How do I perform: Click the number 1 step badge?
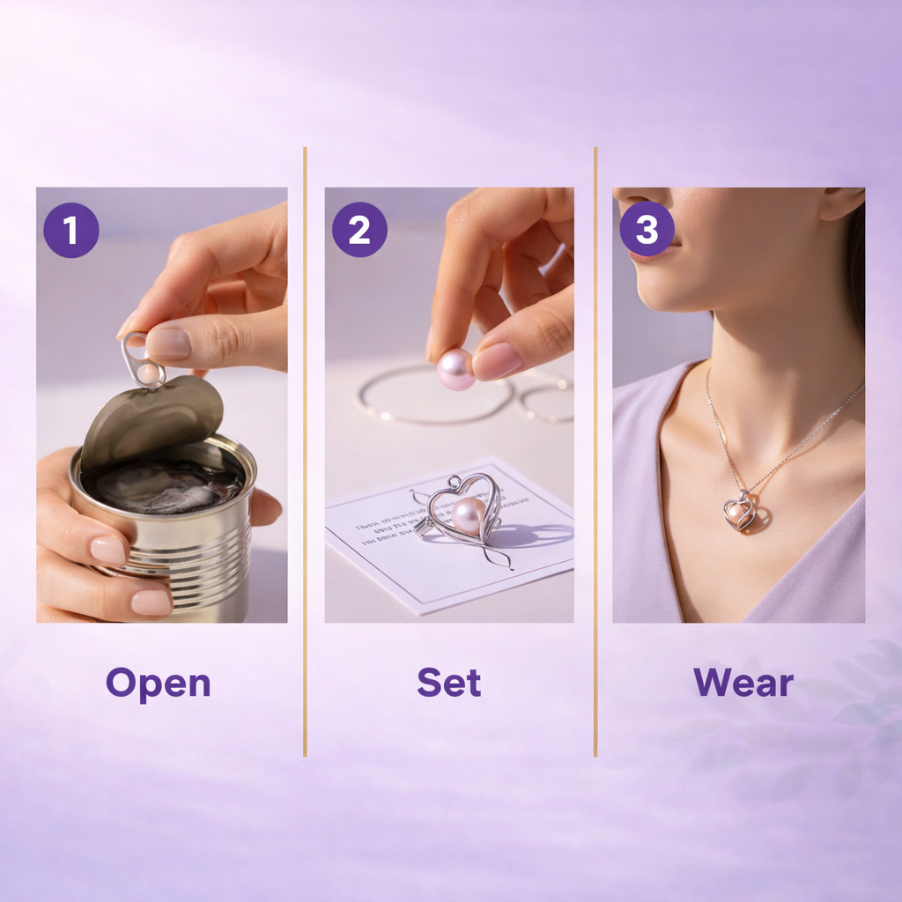coord(70,230)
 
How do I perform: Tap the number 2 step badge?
coord(359,230)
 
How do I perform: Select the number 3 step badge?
coord(647,230)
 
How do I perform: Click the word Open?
coord(159,684)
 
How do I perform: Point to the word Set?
coord(449,684)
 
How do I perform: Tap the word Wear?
coord(743,684)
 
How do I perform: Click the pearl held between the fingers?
coord(456,368)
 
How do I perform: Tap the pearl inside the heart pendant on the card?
coord(468,515)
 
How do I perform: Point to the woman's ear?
coord(842,204)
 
